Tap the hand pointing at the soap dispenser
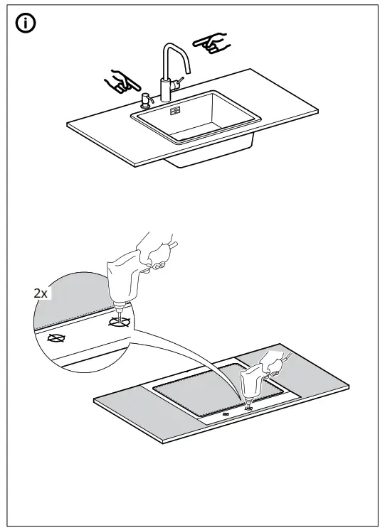tap(122, 82)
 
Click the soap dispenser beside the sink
tap(144, 99)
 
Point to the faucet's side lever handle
tap(178, 83)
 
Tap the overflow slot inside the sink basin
tap(174, 111)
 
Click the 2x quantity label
tap(42, 292)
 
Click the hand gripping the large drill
tap(156, 256)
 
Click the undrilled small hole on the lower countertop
tap(226, 413)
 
